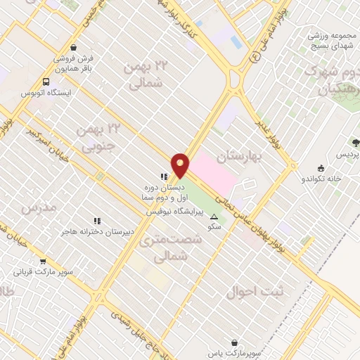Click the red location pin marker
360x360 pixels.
point(181,165)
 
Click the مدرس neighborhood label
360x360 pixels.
point(37,209)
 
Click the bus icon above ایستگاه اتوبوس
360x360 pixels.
point(46,81)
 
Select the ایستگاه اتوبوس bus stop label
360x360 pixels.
point(44,93)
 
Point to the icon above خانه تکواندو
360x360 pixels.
point(322,167)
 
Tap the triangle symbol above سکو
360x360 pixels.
point(214,217)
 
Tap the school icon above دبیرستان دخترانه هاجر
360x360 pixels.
point(97,220)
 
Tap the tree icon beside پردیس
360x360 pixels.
point(335,153)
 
